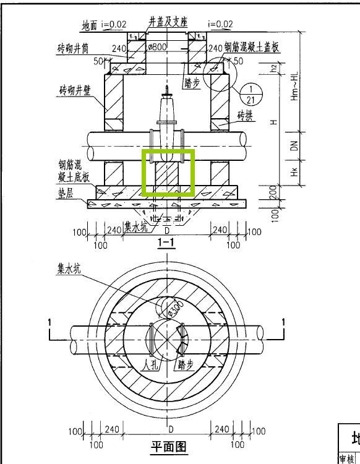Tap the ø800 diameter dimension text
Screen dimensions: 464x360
[x=157, y=48]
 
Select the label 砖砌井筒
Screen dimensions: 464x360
[x=75, y=48]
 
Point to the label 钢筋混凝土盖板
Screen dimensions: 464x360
[x=251, y=48]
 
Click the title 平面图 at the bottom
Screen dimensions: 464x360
[x=169, y=446]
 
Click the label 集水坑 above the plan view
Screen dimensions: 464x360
[x=69, y=269]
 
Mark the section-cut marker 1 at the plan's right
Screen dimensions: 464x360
[x=284, y=322]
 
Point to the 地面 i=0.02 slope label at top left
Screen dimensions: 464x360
[x=104, y=25]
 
